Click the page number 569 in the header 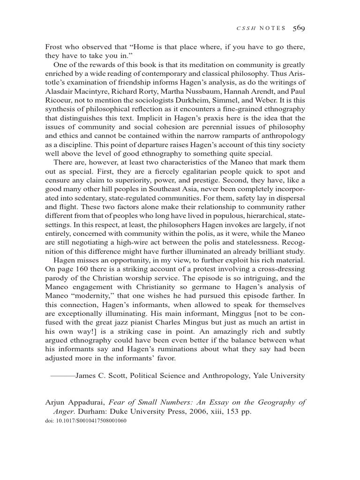coord(299,28)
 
